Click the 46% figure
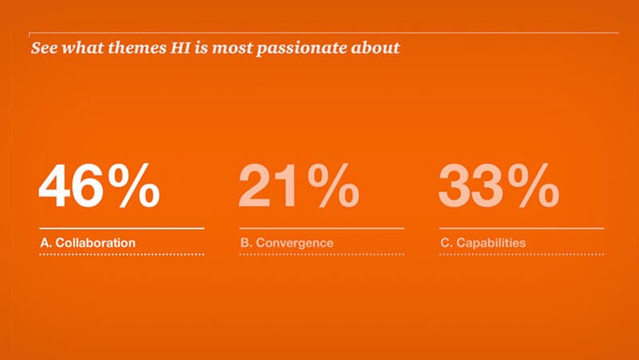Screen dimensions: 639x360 99,186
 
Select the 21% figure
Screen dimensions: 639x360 299,186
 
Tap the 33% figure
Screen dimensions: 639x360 498,186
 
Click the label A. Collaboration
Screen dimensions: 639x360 88,243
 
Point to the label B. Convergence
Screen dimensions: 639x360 287,243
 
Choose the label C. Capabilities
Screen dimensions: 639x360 483,243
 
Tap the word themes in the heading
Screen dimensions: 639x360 137,48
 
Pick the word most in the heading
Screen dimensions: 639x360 232,48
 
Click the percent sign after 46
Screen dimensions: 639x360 134,186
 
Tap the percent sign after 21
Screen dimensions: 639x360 334,186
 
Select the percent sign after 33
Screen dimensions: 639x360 534,186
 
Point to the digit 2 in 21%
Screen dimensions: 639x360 254,186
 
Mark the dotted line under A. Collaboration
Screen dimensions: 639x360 122,255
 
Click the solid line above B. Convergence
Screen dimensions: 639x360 322,228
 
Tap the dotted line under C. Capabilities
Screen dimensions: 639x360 522,255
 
